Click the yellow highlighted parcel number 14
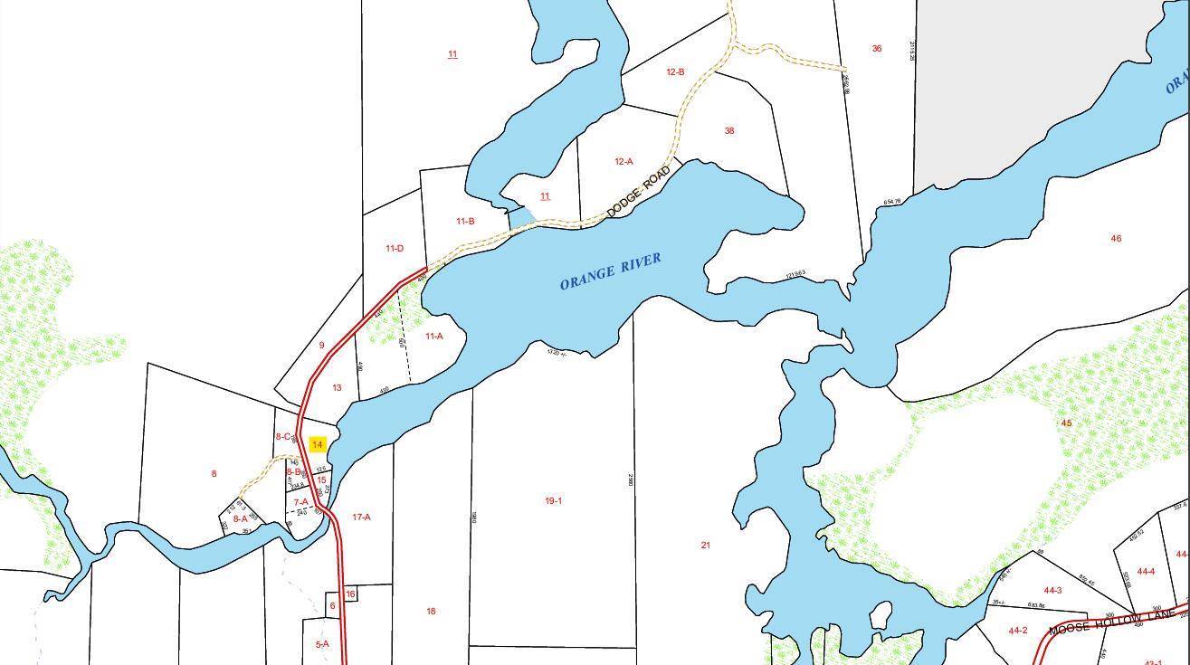pos(317,444)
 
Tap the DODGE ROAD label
pos(638,191)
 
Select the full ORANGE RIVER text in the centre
pos(610,271)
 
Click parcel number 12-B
pos(675,72)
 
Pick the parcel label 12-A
pos(624,162)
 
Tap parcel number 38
pos(728,131)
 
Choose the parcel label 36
pos(876,49)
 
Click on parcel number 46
pos(1116,239)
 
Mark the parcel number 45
pos(1066,423)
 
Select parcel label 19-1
pos(553,501)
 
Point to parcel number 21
pos(706,546)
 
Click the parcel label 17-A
pos(361,518)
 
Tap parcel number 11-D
pos(394,249)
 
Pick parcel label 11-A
pos(433,337)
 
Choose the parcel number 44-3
pos(1052,591)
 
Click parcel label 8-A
pos(240,519)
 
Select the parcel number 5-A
pos(321,644)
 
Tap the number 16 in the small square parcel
pos(350,594)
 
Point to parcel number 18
pos(431,612)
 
